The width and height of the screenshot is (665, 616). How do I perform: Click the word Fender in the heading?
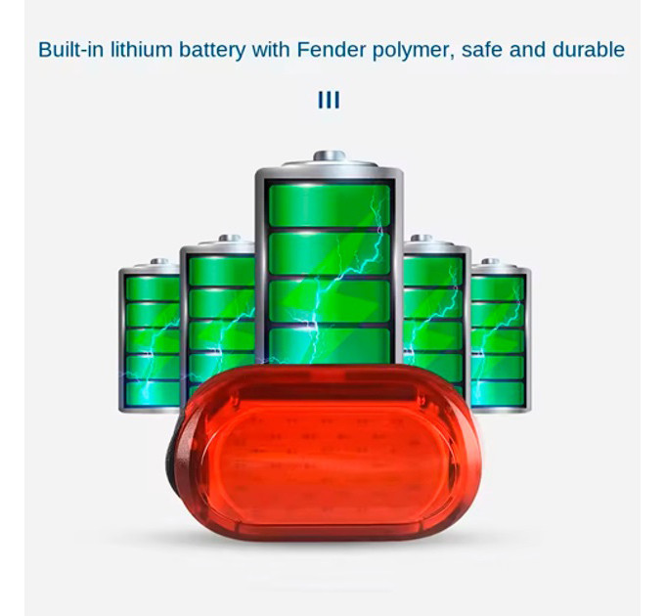coord(331,50)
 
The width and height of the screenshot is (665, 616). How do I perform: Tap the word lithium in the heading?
coord(141,49)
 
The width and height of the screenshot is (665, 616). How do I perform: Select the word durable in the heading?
coord(589,49)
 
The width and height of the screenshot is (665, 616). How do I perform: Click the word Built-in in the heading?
coord(71,49)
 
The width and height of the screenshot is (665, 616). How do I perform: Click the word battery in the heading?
coord(212,51)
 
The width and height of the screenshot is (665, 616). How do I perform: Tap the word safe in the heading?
coord(481,49)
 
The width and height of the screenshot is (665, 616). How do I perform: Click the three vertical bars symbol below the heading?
coord(329,100)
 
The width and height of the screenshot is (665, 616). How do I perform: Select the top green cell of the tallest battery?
coord(330,205)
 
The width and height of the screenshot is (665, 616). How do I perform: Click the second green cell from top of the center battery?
coord(330,253)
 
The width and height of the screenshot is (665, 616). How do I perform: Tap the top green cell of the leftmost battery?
coord(153,288)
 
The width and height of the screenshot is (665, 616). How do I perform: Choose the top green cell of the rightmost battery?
coord(498,288)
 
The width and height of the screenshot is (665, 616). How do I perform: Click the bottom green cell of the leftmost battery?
coord(153,393)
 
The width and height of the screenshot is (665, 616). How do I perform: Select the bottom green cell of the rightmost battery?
coord(498,393)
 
